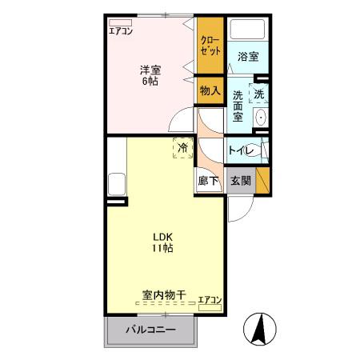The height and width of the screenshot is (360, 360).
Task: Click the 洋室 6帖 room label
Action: coord(150,74)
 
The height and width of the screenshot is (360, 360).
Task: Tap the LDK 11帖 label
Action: coord(164,242)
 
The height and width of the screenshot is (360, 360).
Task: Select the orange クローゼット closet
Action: coord(210,44)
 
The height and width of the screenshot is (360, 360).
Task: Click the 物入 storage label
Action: coord(210,91)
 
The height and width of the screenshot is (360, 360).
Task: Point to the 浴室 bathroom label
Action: coord(248,57)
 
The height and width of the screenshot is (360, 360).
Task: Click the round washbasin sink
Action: coord(261,118)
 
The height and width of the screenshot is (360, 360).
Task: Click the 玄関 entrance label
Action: coord(241,181)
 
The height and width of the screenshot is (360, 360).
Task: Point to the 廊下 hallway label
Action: coord(208,181)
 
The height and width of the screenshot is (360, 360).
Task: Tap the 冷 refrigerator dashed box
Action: coord(182,148)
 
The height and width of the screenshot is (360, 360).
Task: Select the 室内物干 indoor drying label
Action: coord(164,295)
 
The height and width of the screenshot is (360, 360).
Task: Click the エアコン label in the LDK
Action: coord(210,299)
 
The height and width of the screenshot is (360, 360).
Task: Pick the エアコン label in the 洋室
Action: coord(122,31)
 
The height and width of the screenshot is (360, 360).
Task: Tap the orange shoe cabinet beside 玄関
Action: coord(262,179)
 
